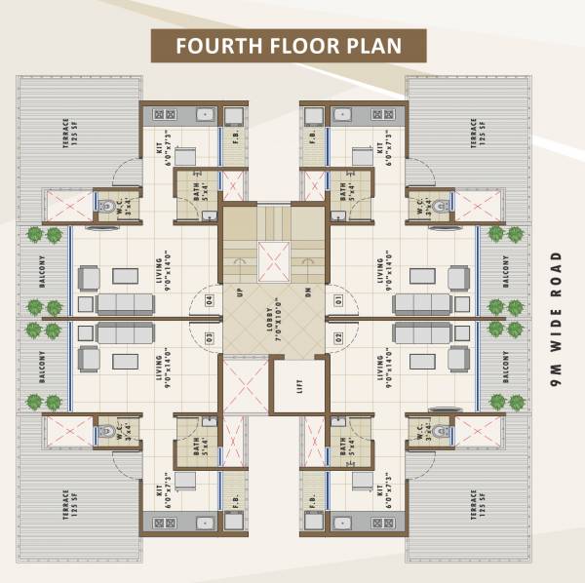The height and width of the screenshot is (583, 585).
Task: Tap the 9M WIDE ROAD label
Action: (x=557, y=321)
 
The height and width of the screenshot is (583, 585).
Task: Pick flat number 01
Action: (x=339, y=299)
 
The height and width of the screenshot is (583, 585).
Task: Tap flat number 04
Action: (x=210, y=299)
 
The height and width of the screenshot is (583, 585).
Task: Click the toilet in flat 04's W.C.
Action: (x=106, y=205)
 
